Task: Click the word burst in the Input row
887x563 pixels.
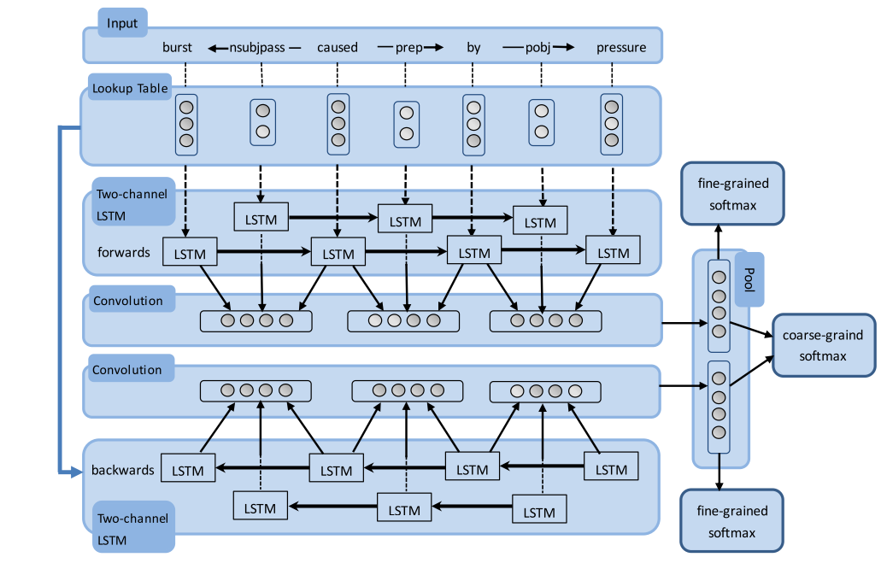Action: click(178, 47)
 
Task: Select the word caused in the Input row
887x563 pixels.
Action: click(338, 47)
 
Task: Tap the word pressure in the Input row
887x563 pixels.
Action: click(621, 47)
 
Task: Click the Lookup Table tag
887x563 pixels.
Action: click(130, 88)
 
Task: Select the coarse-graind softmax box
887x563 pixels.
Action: click(823, 345)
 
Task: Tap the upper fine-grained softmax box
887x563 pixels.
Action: click(732, 194)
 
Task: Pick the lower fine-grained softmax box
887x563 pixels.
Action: click(731, 521)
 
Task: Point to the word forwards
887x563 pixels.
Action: click(123, 252)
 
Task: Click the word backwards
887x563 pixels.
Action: click(123, 470)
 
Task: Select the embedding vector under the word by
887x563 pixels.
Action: click(474, 124)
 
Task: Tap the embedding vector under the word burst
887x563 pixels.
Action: click(186, 124)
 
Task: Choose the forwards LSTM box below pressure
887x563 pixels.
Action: click(613, 253)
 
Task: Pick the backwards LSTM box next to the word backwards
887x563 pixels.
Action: click(188, 470)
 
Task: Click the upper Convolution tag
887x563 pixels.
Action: click(128, 301)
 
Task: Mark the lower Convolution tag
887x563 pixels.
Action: click(128, 370)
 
